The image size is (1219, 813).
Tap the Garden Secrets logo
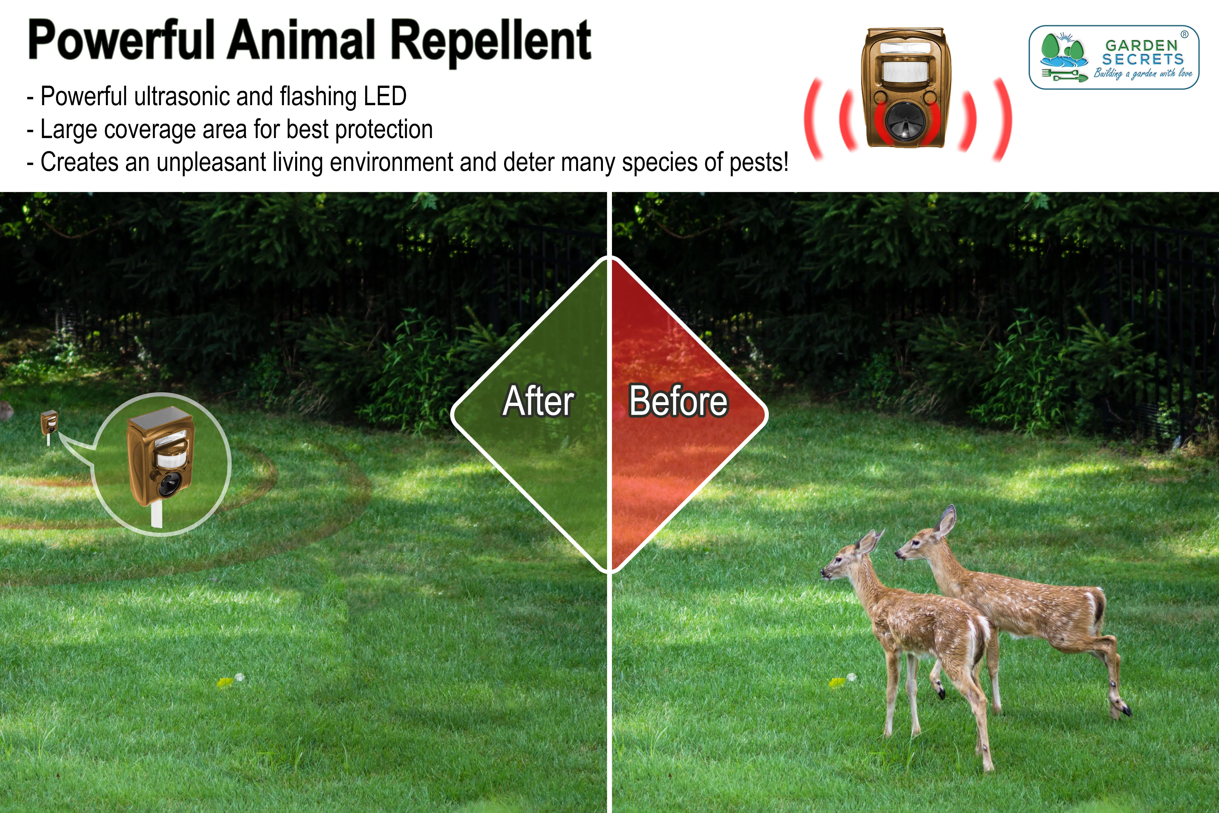(1113, 58)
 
